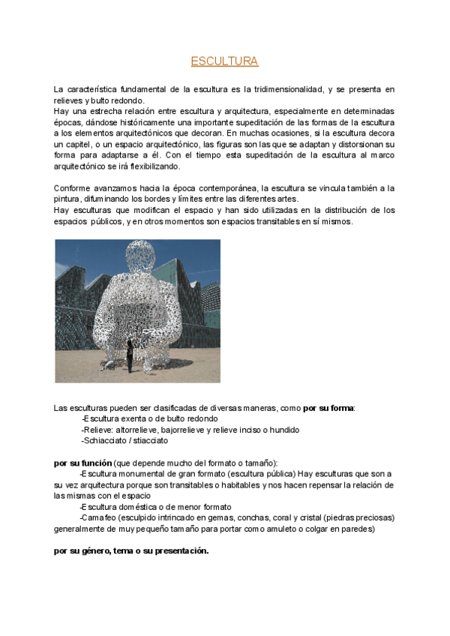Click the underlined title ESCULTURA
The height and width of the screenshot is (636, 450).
(x=224, y=61)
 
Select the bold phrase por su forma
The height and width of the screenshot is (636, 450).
(x=328, y=408)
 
